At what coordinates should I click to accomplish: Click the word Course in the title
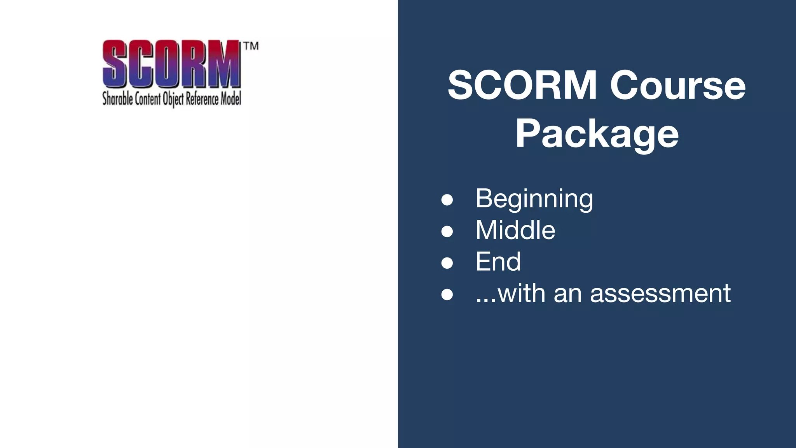[677, 86]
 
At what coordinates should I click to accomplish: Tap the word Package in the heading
[597, 134]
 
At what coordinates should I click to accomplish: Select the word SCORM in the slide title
[522, 86]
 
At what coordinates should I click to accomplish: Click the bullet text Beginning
[534, 199]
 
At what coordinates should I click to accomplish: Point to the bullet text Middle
[515, 230]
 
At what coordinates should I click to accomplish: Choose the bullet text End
[498, 262]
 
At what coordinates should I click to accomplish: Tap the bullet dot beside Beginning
[447, 200]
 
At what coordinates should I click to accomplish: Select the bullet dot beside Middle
[447, 231]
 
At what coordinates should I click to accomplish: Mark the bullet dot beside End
[447, 263]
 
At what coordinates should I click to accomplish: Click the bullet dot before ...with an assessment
[447, 294]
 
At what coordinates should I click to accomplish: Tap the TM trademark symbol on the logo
[251, 46]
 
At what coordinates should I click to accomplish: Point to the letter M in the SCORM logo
[225, 64]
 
